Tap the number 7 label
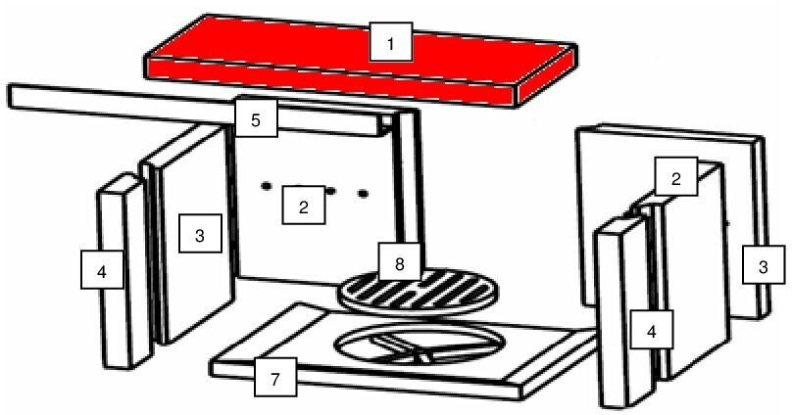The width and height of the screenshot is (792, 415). (x=275, y=377)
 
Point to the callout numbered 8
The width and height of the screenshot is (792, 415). (x=400, y=261)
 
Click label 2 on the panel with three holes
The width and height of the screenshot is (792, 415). (x=303, y=206)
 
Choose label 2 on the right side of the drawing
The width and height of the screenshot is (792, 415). (x=676, y=176)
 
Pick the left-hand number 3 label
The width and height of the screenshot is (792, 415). (x=200, y=234)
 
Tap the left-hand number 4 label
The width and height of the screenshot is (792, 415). (x=102, y=270)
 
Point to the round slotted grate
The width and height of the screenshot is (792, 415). (x=418, y=292)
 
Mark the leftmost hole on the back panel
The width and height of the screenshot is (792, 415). (x=267, y=186)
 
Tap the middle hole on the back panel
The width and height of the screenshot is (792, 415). (x=331, y=191)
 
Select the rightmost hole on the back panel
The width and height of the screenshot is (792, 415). (x=364, y=193)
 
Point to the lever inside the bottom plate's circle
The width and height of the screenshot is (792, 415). (x=402, y=347)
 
